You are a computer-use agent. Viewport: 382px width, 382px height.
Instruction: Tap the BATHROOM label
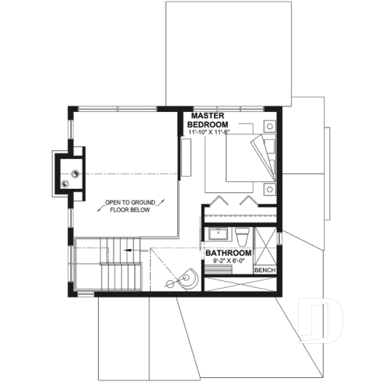click(x=228, y=254)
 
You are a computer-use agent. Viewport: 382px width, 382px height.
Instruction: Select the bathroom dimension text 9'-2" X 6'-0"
click(x=228, y=261)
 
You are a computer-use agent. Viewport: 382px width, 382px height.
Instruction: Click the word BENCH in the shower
click(x=265, y=270)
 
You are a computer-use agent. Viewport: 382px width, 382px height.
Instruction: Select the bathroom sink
click(x=218, y=233)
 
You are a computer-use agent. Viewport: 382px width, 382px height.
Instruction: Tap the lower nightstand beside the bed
click(x=269, y=187)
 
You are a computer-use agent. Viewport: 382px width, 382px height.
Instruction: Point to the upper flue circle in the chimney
click(x=75, y=173)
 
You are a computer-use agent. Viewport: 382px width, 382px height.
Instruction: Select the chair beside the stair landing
click(x=185, y=276)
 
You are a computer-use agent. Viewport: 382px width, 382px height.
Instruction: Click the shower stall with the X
click(x=265, y=247)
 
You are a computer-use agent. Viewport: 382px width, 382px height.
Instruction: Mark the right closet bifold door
click(x=250, y=199)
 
